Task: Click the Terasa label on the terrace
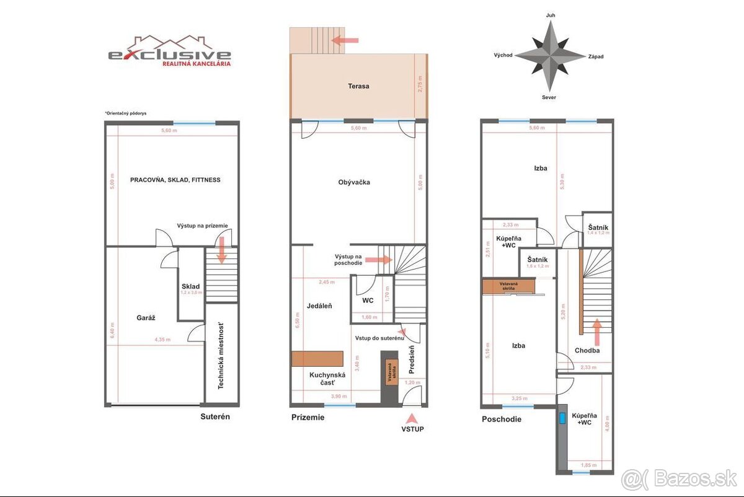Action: tap(358, 86)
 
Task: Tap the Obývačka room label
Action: tap(354, 182)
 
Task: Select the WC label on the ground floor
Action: tap(368, 301)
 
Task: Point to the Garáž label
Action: tap(146, 317)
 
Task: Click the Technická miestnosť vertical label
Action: tap(220, 356)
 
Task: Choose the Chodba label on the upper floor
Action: tap(587, 350)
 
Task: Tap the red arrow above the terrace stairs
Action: tap(345, 40)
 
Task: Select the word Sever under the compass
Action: tap(549, 97)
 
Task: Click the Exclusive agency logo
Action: tap(170, 50)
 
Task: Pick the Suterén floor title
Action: tap(215, 416)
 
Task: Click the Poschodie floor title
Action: tap(502, 419)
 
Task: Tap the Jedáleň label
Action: tap(319, 306)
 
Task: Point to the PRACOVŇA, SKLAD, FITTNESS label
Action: tap(175, 180)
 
